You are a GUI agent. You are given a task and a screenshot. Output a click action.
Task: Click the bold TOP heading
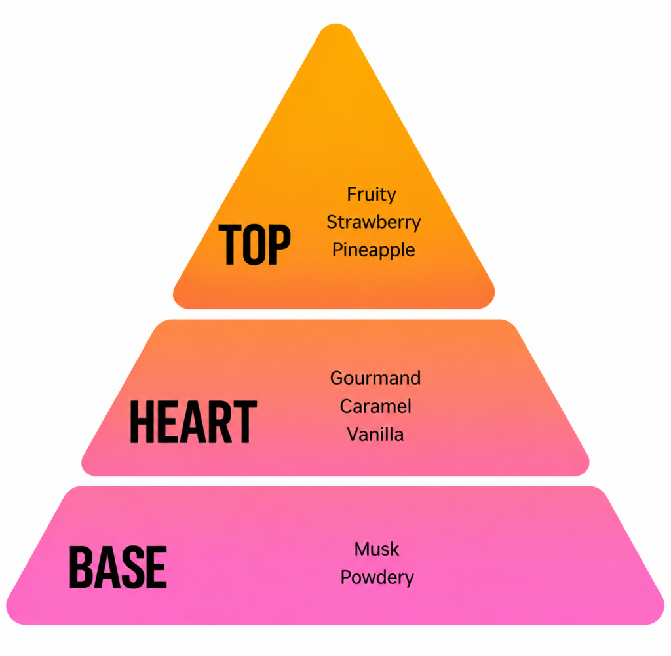click(255, 244)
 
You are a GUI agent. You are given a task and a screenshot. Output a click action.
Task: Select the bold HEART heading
click(193, 422)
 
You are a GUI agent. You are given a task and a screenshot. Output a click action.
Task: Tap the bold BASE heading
click(118, 567)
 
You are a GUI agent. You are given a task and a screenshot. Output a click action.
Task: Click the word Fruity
click(372, 195)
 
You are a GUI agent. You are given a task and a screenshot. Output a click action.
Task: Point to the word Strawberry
click(374, 223)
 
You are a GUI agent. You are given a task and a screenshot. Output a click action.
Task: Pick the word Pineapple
click(374, 250)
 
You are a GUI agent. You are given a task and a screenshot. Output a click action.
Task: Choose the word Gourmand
click(375, 378)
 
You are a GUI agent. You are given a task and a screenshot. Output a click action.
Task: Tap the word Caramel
click(375, 406)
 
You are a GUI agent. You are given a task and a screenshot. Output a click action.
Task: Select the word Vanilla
click(375, 434)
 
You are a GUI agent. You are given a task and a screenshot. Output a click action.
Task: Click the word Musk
click(377, 549)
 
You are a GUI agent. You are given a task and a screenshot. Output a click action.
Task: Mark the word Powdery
click(377, 578)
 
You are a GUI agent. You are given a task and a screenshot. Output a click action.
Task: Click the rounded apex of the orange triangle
click(336, 25)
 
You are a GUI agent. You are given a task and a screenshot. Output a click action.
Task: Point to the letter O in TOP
click(255, 244)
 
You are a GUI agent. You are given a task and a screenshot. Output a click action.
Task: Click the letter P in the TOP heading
click(280, 244)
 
